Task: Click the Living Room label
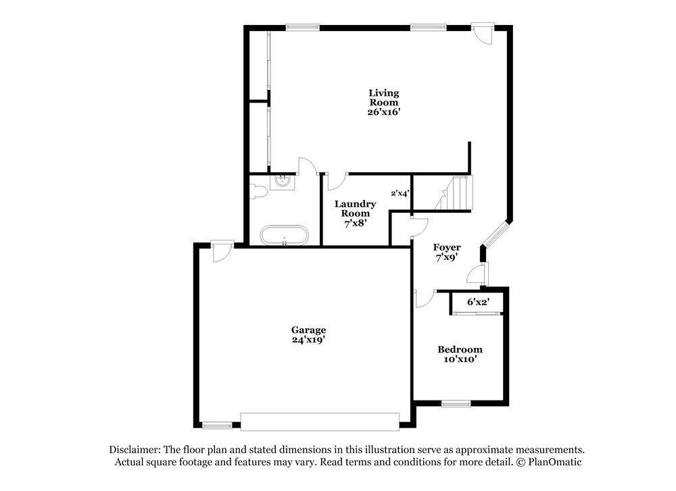(383, 97)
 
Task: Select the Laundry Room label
(355, 208)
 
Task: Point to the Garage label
(308, 330)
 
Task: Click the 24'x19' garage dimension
(308, 340)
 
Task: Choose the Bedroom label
(460, 349)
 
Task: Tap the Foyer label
(447, 247)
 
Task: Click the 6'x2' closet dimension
(479, 302)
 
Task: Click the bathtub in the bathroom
(285, 236)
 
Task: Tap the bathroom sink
(283, 181)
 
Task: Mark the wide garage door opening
(320, 421)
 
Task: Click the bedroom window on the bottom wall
(456, 403)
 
